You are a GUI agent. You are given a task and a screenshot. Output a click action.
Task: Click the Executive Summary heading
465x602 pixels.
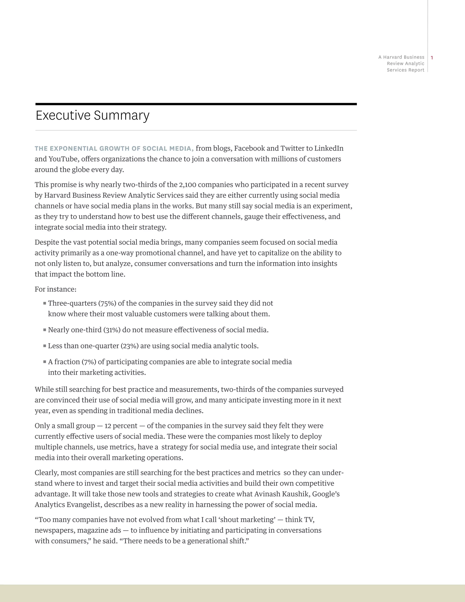93,115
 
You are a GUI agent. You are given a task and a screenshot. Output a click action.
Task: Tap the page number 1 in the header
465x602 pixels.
432,58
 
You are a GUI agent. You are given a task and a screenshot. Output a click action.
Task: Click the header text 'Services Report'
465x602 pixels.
405,70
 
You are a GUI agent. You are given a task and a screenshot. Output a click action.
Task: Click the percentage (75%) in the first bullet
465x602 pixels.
107,303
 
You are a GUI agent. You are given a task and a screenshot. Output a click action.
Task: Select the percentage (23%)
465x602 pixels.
129,346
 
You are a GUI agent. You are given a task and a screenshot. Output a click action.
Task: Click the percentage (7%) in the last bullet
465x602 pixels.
89,362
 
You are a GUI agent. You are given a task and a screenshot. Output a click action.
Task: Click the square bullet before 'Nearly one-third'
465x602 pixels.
45,330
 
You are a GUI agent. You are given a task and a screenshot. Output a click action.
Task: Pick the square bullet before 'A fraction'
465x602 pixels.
45,362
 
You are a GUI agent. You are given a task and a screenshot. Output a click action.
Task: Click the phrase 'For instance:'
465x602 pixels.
55,289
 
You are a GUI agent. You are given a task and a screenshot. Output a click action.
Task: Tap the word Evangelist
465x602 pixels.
80,505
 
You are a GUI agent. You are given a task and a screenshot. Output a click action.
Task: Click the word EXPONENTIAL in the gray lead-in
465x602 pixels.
74,149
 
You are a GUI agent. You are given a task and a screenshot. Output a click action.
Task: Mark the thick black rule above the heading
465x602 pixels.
196,104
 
